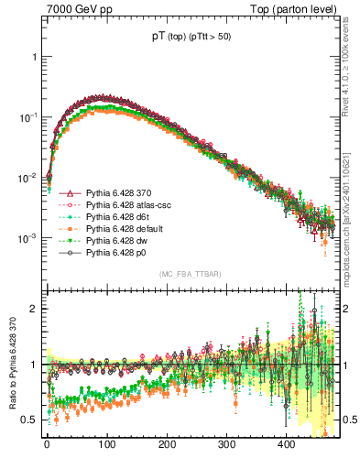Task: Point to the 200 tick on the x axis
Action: coord(167,442)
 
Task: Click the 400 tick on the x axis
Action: coord(286,442)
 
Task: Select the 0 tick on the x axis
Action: coord(47,442)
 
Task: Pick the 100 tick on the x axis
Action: coord(106,442)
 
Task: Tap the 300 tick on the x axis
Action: coord(226,442)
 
